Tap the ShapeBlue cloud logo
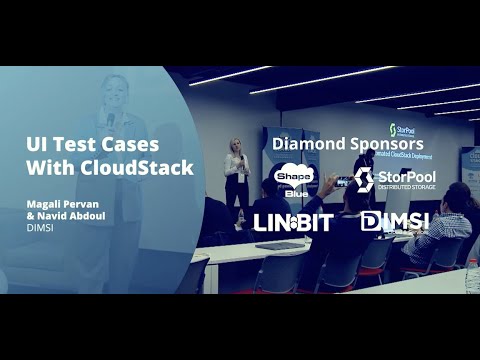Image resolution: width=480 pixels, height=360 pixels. pos(294,179)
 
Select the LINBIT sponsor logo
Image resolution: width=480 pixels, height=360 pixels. pos(293,222)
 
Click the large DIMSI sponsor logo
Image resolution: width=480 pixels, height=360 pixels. pos(394,221)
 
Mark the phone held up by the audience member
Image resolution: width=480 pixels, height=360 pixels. pos(341,183)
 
